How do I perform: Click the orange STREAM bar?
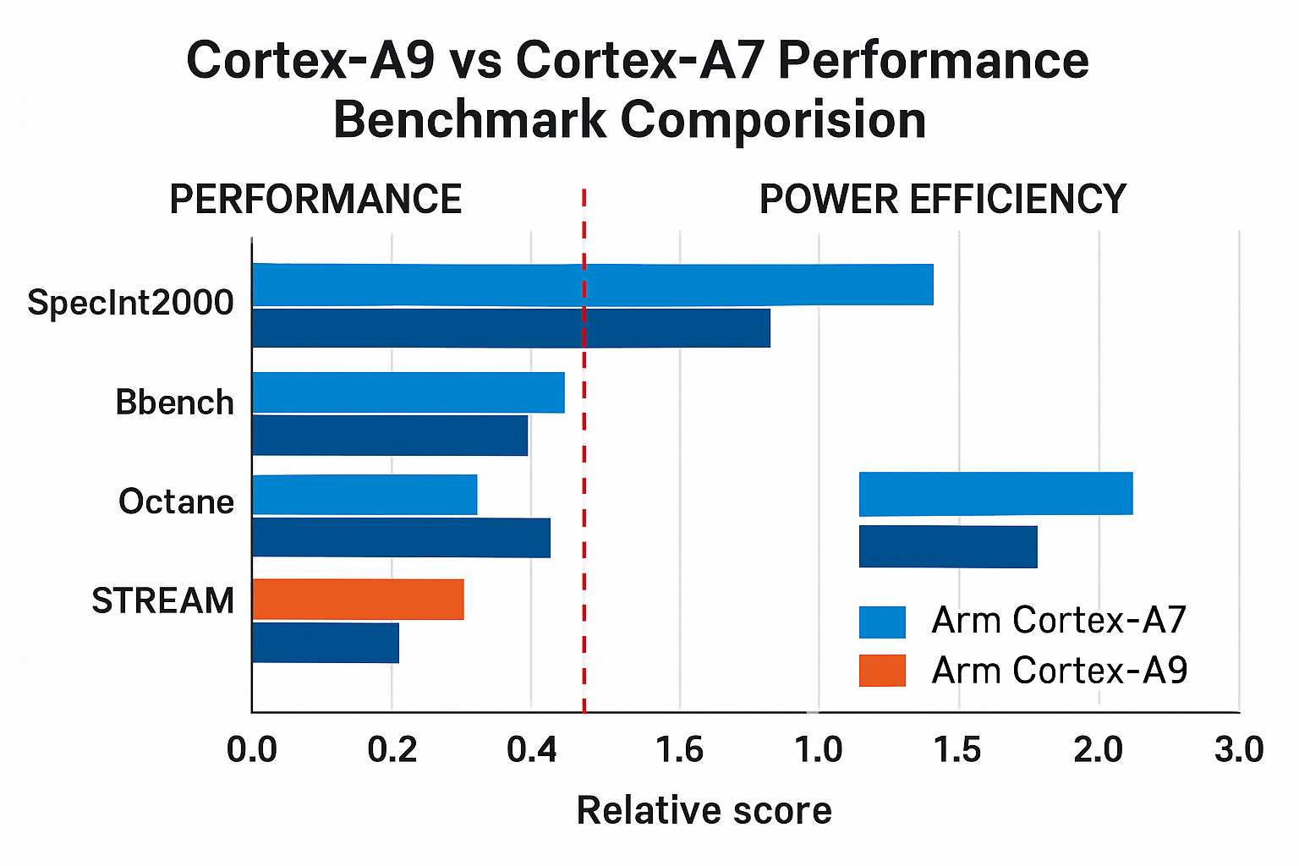pos(358,600)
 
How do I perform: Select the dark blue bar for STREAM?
pos(326,643)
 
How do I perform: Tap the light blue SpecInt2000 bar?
pos(592,284)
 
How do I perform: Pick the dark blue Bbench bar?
pos(390,436)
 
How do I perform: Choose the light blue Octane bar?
pos(364,495)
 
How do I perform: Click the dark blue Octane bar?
pos(401,538)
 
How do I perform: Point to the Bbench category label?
pos(175,403)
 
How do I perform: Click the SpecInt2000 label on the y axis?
pos(131,303)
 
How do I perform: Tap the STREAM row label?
pos(163,600)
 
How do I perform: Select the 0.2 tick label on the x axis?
pos(392,750)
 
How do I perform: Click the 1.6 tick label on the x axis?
pos(680,750)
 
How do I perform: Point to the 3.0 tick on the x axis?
pos(1239,750)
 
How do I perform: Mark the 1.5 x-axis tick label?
pos(958,750)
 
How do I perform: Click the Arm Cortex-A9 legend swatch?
pos(882,671)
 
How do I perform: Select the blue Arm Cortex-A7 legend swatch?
pos(882,622)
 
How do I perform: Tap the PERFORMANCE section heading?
pos(315,200)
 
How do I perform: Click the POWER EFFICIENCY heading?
pos(942,200)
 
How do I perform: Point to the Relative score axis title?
pos(704,810)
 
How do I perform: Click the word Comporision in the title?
pos(773,120)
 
